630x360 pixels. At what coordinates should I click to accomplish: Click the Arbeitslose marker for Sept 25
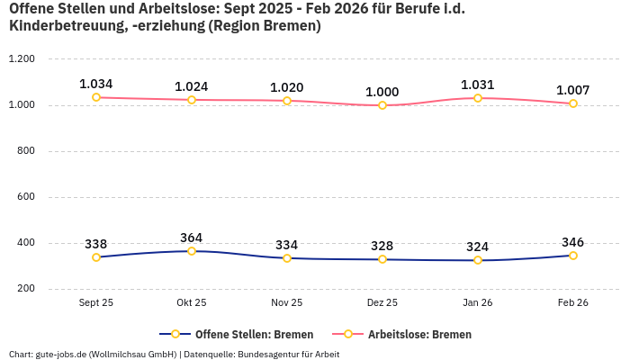click(x=96, y=97)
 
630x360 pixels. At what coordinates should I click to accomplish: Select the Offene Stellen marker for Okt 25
click(x=192, y=251)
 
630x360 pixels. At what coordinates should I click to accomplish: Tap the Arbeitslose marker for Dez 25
click(x=382, y=105)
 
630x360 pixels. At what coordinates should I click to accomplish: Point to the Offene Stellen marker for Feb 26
click(x=572, y=256)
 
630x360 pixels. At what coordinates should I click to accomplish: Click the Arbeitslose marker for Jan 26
click(x=478, y=98)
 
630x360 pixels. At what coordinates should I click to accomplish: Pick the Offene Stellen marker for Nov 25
click(x=287, y=258)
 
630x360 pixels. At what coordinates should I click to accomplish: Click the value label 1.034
click(x=96, y=84)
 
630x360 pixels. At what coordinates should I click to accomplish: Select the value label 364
click(x=192, y=238)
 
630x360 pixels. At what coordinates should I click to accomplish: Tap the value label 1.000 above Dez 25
click(x=382, y=92)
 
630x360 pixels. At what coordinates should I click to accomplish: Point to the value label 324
click(x=478, y=247)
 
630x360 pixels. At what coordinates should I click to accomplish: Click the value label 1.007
click(x=572, y=90)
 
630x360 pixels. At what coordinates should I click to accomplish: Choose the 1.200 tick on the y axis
click(x=21, y=59)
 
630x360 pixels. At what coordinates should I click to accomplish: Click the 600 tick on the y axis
click(x=25, y=197)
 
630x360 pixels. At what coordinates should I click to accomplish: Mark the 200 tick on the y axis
click(x=25, y=289)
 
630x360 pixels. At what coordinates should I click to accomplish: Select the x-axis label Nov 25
click(x=287, y=303)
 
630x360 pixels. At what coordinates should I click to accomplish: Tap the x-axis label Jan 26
click(x=478, y=303)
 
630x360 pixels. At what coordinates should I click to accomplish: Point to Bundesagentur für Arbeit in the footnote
click(x=289, y=354)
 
